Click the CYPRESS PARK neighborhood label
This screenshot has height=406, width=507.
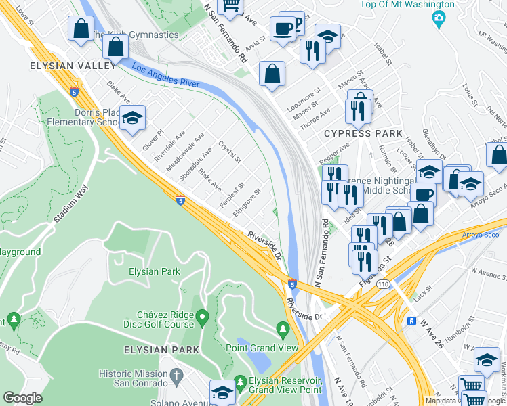[363, 133]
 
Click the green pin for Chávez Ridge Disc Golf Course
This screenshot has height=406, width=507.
[202, 316]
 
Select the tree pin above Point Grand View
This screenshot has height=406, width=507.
[283, 330]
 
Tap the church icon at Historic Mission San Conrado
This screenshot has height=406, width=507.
[176, 374]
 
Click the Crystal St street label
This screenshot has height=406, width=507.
[230, 152]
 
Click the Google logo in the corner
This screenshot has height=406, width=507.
[22, 398]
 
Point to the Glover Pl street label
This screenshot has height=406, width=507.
[153, 140]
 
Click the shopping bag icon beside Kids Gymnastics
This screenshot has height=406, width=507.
[116, 47]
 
